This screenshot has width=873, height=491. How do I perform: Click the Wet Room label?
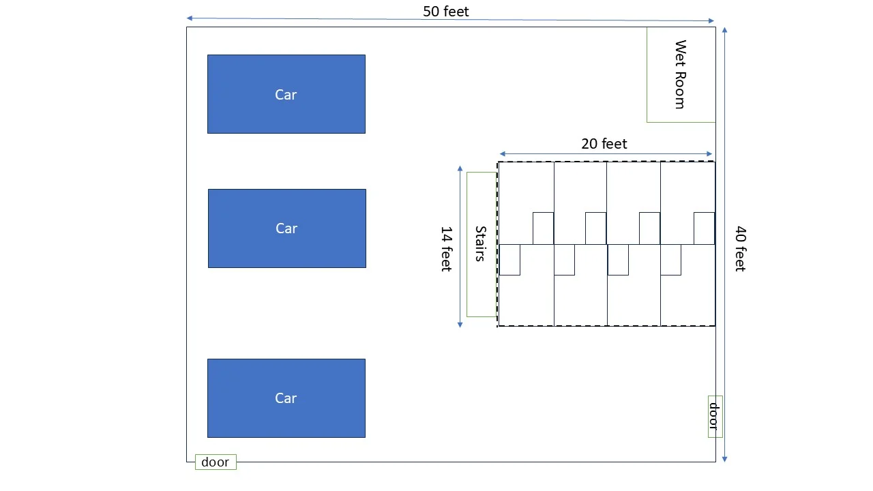(680, 74)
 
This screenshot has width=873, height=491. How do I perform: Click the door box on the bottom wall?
(216, 462)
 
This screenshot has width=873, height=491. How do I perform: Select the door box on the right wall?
(715, 416)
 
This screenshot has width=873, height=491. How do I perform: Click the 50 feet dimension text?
(446, 12)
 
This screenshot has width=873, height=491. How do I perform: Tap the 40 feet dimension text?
(740, 249)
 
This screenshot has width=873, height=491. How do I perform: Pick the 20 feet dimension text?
(604, 144)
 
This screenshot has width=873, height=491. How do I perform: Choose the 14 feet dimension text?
(446, 249)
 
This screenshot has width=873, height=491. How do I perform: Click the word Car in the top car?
(286, 95)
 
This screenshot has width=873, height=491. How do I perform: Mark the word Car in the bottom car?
(286, 398)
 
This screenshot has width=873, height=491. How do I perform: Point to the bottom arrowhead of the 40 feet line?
(724, 460)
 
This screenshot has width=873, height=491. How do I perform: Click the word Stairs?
(480, 243)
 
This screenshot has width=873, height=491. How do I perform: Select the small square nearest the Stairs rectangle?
(509, 260)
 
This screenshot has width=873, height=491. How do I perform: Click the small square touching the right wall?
(704, 228)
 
